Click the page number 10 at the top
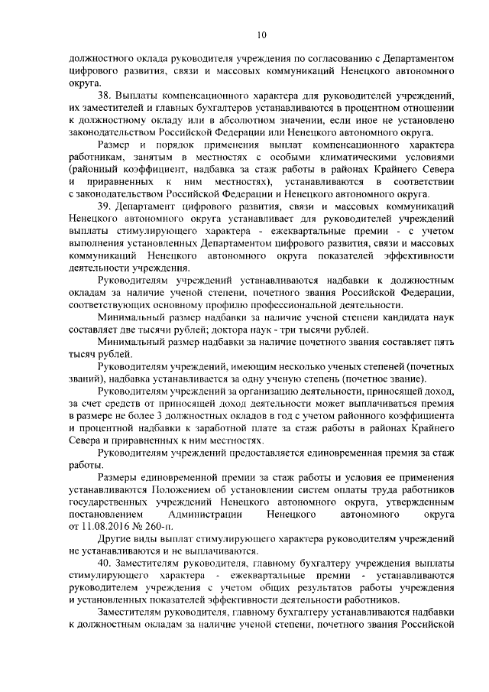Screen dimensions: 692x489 coord(261,34)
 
